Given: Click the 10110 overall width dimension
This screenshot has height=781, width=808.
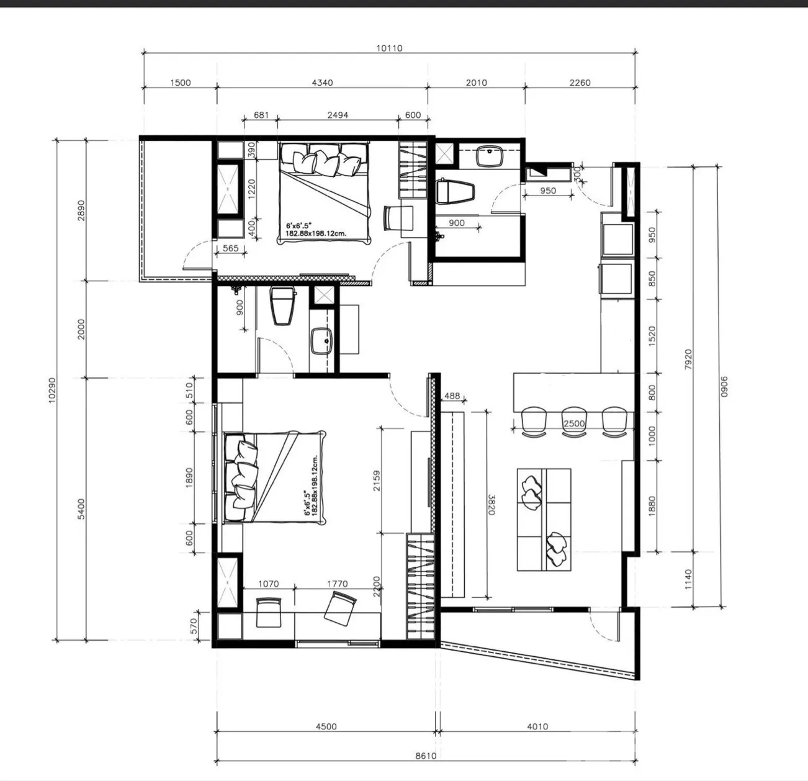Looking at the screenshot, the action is click(x=389, y=48).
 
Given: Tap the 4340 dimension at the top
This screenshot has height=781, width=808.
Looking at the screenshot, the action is click(x=322, y=83).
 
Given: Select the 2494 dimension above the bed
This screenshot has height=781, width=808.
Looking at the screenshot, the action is click(x=338, y=115).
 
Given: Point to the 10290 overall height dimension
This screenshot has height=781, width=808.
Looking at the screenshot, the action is click(x=52, y=390).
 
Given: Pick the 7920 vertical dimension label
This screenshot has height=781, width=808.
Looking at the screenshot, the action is click(x=688, y=359).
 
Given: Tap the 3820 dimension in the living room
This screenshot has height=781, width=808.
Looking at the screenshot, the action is click(x=492, y=504).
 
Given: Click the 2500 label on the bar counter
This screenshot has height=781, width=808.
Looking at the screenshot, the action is click(x=574, y=423).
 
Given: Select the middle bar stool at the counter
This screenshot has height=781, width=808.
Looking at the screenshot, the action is click(x=574, y=422).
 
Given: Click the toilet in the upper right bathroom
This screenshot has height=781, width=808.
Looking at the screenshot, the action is click(x=456, y=191).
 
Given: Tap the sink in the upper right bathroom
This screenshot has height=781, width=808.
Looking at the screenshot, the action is click(x=490, y=156).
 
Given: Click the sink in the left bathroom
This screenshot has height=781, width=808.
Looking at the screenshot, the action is click(x=321, y=341).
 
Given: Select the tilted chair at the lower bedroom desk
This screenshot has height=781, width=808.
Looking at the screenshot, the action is click(x=340, y=609).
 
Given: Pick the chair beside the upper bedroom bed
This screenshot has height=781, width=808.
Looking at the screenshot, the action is click(x=398, y=218).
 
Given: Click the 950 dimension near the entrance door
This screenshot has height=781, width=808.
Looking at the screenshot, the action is click(x=548, y=191).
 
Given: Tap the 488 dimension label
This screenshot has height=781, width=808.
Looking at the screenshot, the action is click(x=452, y=396).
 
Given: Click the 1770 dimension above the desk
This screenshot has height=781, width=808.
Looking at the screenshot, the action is click(x=337, y=584).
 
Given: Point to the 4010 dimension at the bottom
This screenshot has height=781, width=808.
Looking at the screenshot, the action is click(x=537, y=726).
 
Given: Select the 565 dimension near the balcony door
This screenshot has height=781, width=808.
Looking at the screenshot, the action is click(x=230, y=248).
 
